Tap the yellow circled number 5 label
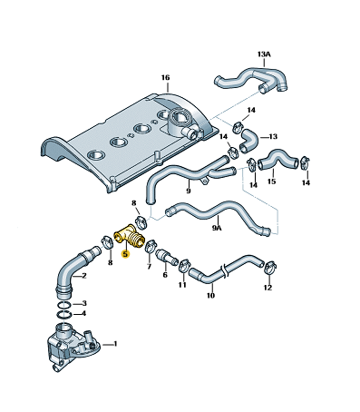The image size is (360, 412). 125,254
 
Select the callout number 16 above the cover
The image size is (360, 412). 165,78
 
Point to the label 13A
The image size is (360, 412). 264,54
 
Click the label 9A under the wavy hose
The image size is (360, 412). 217,228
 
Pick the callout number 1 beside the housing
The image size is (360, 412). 115,344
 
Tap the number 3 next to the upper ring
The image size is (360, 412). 84,303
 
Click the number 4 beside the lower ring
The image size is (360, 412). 83,313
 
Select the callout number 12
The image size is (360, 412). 268,288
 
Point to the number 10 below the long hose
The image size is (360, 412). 210,295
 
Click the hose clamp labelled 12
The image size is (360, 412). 271,268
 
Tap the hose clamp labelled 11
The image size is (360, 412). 184,265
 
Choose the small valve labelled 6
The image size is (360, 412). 167,257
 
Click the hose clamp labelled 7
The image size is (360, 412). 151,246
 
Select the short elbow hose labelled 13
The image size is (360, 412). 248,140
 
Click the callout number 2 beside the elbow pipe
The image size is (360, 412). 84,276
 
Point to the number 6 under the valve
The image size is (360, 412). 165,275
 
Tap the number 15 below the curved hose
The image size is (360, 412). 271,181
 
